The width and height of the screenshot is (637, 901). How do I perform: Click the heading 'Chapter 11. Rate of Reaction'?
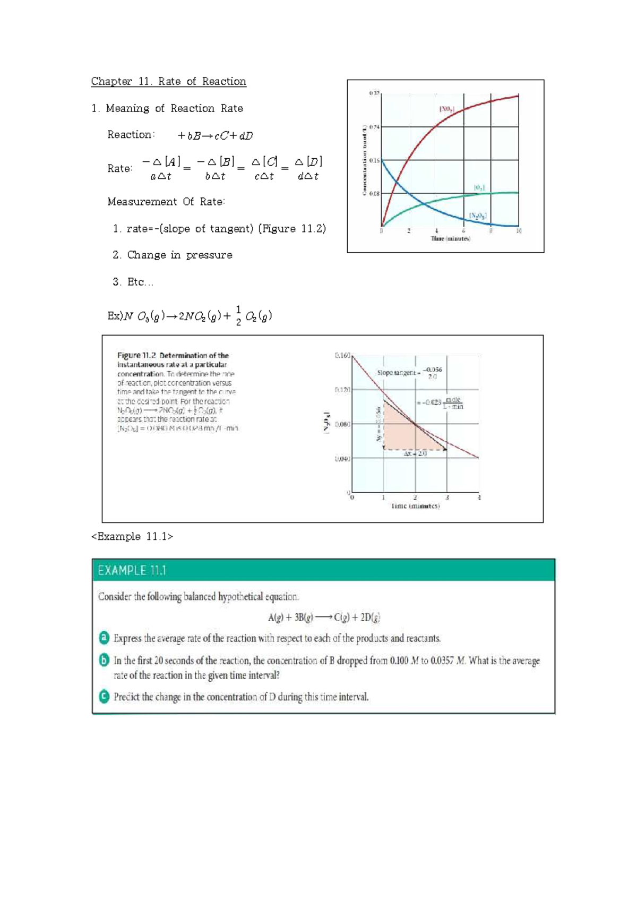[x=168, y=81]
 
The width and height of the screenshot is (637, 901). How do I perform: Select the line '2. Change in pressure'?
[x=173, y=255]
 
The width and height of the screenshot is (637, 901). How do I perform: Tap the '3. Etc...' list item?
[x=133, y=282]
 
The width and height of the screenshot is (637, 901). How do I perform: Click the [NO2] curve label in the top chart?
[x=446, y=109]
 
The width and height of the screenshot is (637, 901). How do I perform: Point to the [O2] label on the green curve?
[x=479, y=187]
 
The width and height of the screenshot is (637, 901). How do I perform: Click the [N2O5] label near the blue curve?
[x=477, y=216]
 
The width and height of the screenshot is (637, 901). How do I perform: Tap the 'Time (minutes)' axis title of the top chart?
[x=450, y=238]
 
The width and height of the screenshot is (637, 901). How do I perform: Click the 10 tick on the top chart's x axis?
[x=519, y=231]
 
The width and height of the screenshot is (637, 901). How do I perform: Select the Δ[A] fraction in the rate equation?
[x=161, y=168]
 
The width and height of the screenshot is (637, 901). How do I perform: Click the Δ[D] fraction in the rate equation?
[x=308, y=168]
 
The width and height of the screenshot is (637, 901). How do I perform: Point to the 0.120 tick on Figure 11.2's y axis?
[x=342, y=390]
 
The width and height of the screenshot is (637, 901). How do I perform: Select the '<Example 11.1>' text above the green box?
[x=132, y=536]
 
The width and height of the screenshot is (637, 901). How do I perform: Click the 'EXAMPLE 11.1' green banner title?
[x=132, y=570]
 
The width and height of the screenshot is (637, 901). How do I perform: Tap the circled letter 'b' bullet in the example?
[x=105, y=660]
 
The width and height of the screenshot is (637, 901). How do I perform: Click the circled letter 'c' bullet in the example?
[x=105, y=696]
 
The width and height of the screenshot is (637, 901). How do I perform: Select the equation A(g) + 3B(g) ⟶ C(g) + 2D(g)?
[x=324, y=617]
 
